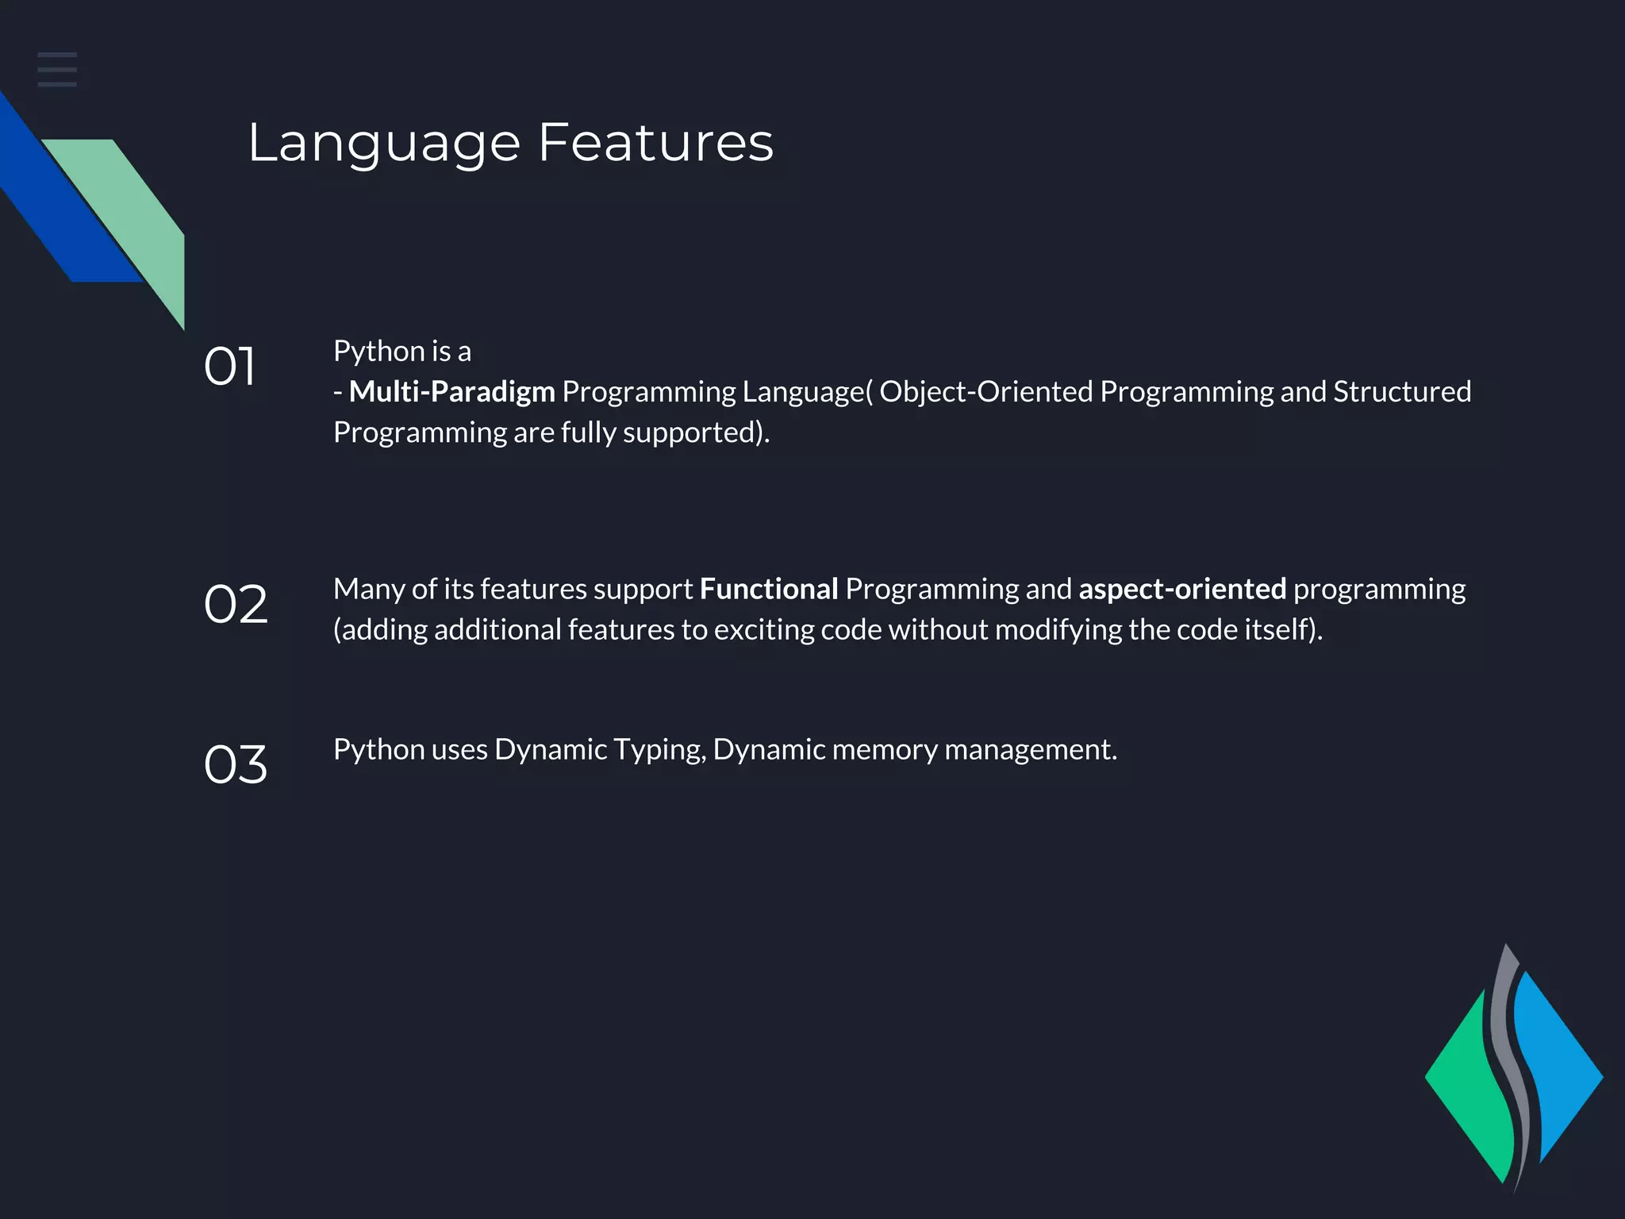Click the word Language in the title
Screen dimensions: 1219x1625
point(384,144)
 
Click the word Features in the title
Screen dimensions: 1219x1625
point(655,143)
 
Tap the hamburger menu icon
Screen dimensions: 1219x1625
point(57,69)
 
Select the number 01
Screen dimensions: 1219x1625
point(229,367)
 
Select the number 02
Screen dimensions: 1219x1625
point(236,604)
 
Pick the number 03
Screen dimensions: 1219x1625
point(236,764)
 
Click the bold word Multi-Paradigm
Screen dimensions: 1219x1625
point(452,392)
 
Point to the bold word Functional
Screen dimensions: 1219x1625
point(768,589)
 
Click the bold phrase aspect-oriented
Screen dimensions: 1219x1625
point(1182,589)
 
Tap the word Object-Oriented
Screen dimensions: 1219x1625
point(985,392)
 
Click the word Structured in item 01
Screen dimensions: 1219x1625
point(1402,392)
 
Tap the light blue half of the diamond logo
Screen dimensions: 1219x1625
point(1559,1071)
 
